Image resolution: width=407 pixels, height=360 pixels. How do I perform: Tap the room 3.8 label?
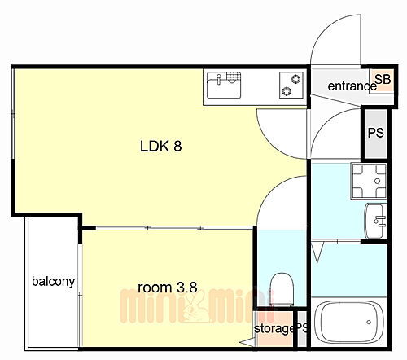pos(167,287)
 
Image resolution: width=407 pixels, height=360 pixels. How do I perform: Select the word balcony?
pos(54,282)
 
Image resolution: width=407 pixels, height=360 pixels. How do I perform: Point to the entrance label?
pos(349,86)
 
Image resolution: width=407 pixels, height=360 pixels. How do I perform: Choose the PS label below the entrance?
pos(375,133)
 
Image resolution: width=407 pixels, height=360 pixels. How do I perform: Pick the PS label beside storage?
pos(302,329)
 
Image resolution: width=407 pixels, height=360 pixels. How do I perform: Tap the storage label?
pos(274,329)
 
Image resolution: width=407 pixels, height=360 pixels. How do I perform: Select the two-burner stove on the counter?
pos(291,84)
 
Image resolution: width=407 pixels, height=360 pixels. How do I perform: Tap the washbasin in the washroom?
pos(377,218)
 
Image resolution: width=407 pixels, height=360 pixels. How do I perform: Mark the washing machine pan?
pos(363,180)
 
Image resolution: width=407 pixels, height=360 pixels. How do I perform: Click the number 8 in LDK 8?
pos(176,147)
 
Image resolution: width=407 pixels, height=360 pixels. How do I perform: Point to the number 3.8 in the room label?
pos(188,287)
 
